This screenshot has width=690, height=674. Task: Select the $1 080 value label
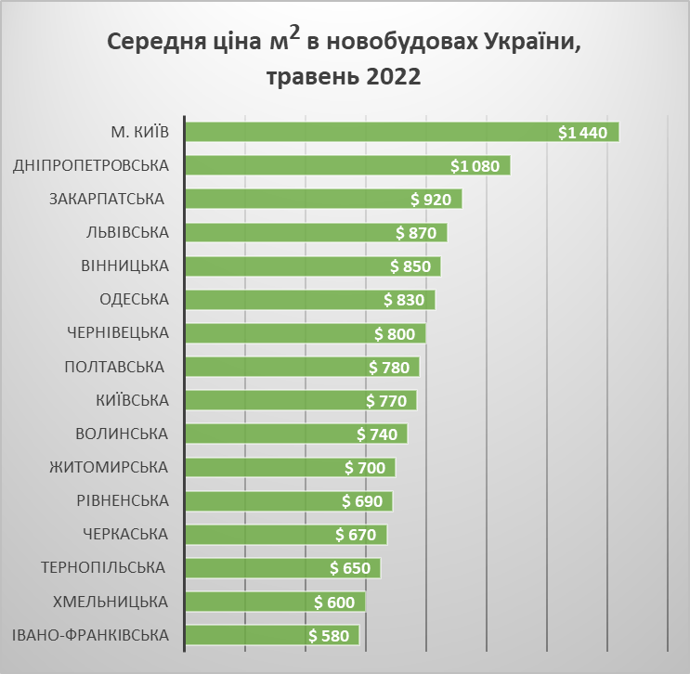tap(475, 166)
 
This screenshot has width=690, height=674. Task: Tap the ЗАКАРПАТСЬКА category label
tap(106, 200)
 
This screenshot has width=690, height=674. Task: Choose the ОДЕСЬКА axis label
tap(134, 300)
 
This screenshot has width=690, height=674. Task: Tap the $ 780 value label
tap(389, 367)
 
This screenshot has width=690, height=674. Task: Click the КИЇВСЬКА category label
tap(132, 400)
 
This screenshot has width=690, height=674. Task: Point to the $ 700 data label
tap(365, 468)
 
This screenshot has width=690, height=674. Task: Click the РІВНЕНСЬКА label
tap(123, 501)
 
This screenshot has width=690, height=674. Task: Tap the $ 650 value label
tap(350, 568)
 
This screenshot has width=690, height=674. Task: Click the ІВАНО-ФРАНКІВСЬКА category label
tap(91, 635)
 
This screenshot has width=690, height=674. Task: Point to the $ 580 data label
tap(329, 636)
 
